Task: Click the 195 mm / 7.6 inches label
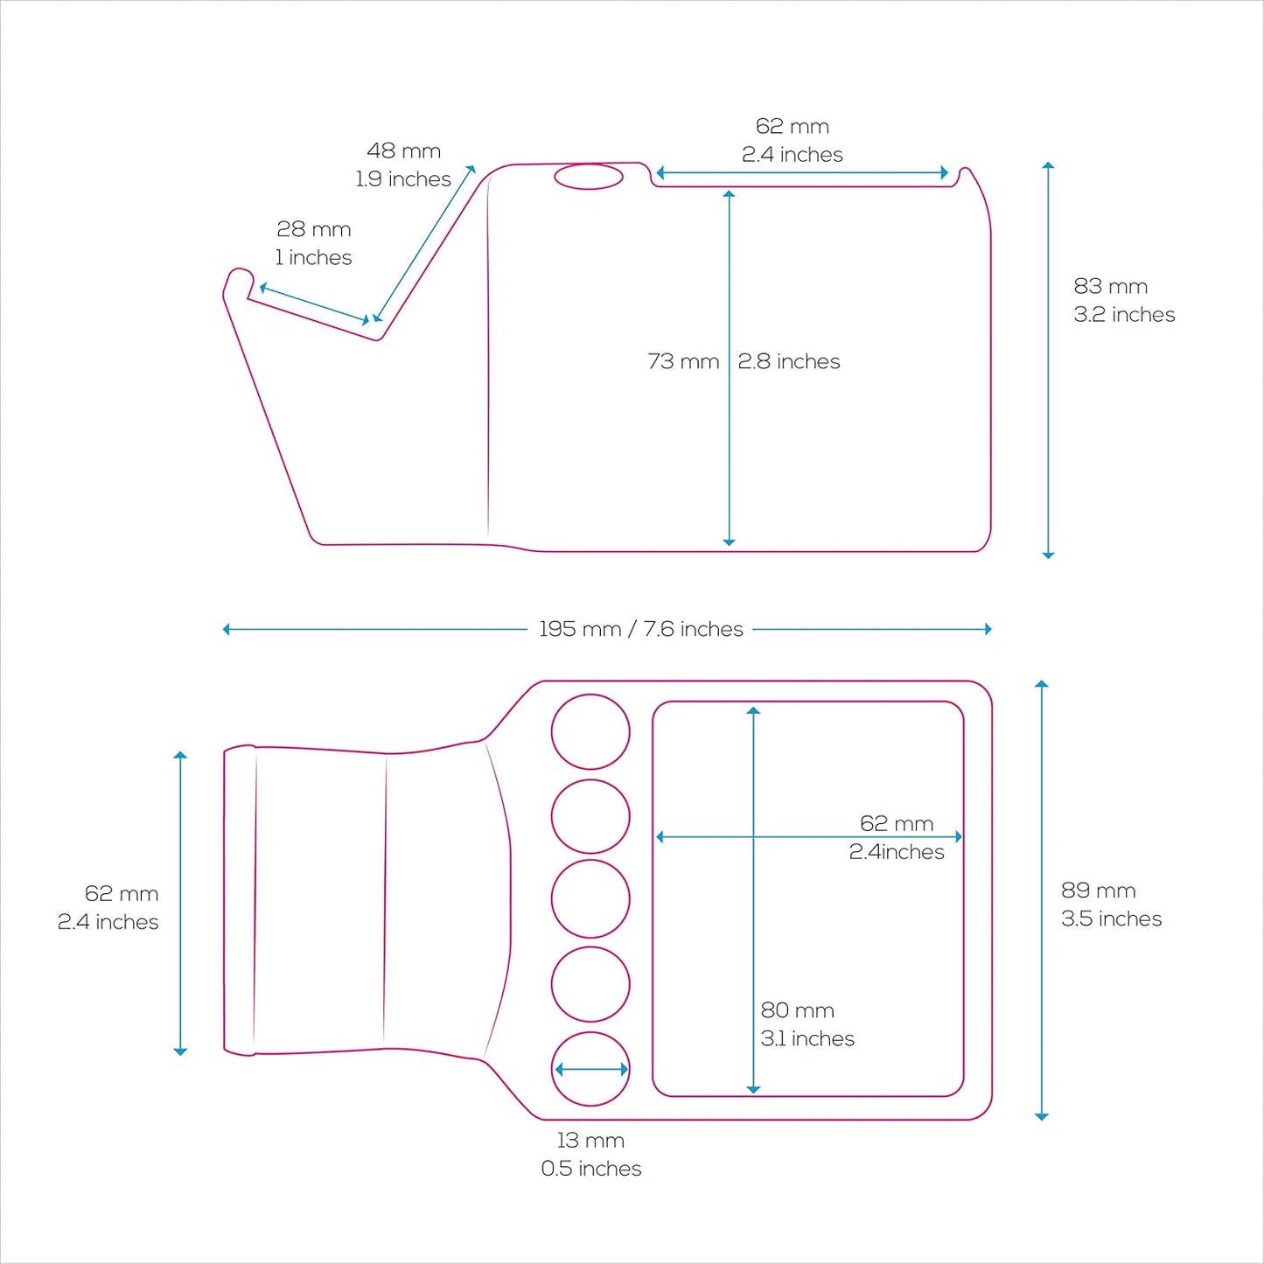point(641,629)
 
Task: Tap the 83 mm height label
point(1111,286)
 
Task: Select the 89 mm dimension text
point(1098,890)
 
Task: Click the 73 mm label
point(683,361)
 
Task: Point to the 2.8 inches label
point(788,361)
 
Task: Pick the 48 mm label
point(403,150)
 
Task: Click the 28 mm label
point(313,229)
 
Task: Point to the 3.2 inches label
point(1124,314)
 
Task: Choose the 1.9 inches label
point(402,179)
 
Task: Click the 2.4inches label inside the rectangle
point(897,851)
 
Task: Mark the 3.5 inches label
point(1111,918)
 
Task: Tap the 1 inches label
point(313,257)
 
